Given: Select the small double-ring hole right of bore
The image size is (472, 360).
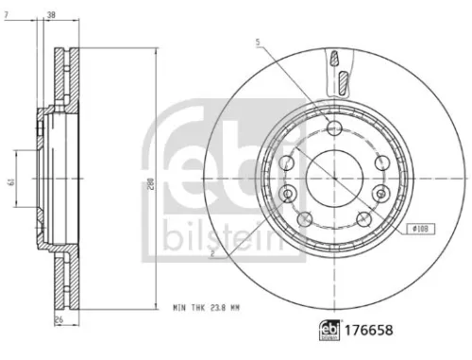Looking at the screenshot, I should point(380,193).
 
